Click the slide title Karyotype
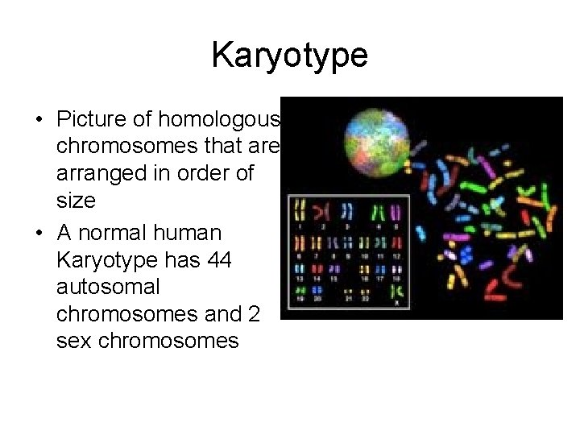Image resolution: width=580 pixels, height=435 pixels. click(289, 56)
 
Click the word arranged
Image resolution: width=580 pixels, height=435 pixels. click(101, 172)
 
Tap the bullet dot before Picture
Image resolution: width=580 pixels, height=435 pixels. click(39, 122)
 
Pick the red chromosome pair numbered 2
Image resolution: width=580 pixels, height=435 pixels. click(321, 211)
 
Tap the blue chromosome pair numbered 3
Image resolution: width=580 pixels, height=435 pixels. click(347, 211)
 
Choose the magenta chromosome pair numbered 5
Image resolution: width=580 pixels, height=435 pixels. click(398, 211)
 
